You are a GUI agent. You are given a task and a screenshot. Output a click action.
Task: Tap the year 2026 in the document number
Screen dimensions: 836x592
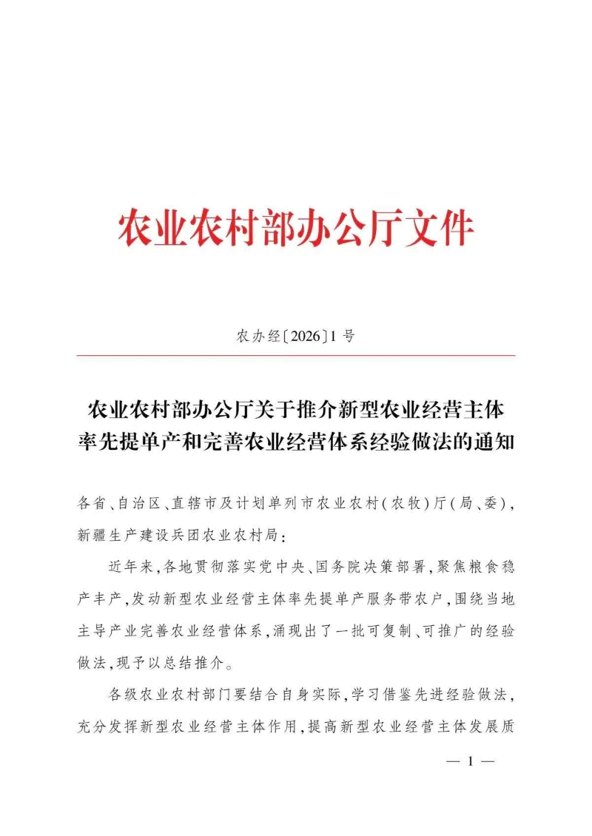point(304,337)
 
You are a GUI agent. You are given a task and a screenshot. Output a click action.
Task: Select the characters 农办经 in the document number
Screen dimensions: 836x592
point(259,337)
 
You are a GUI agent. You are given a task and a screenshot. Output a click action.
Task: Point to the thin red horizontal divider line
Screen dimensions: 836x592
point(296,356)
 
